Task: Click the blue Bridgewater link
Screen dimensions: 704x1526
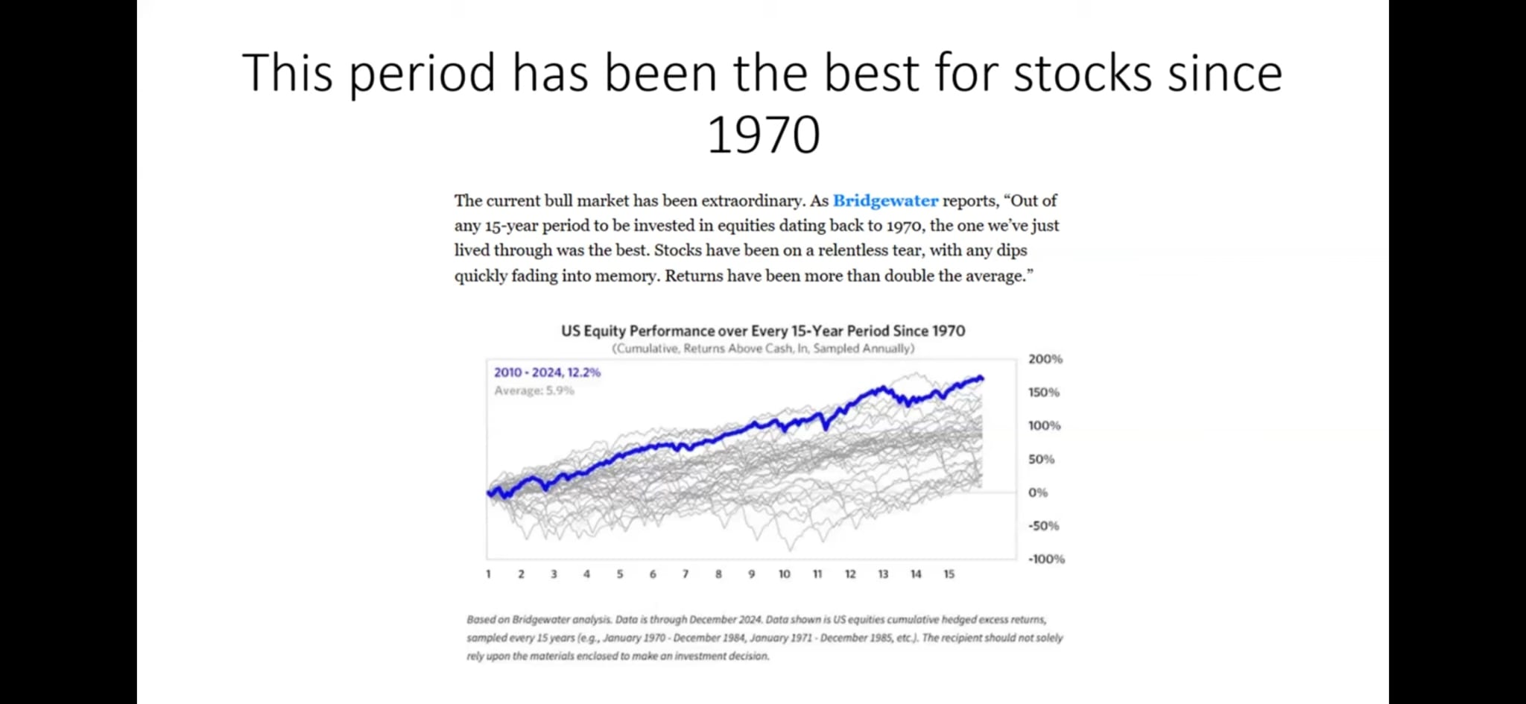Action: point(885,201)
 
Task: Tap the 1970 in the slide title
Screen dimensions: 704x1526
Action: point(763,136)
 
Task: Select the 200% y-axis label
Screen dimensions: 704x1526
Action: point(1045,359)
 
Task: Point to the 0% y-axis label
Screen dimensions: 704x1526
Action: point(1037,492)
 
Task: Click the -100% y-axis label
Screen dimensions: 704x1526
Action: point(1045,559)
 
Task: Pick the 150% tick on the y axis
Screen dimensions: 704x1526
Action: point(1043,393)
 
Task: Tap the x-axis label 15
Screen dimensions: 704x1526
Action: point(949,574)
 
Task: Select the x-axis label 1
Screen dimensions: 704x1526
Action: point(488,574)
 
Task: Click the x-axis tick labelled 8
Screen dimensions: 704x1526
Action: point(718,574)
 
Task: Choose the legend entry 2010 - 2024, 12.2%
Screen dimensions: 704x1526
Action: point(547,372)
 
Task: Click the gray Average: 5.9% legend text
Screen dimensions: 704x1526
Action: point(534,391)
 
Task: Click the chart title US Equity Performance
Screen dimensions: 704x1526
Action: point(763,331)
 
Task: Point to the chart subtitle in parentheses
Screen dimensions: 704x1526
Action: point(763,349)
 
